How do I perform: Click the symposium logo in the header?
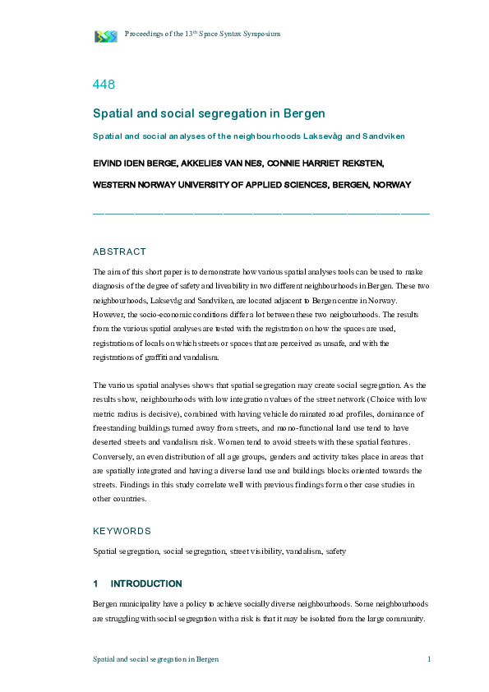pyautogui.click(x=106, y=35)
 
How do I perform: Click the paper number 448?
pyautogui.click(x=104, y=84)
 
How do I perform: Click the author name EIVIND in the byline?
pyautogui.click(x=108, y=163)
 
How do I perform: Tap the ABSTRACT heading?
pyautogui.click(x=119, y=251)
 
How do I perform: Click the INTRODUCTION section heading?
pyautogui.click(x=146, y=584)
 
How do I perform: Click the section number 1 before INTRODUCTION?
pyautogui.click(x=96, y=584)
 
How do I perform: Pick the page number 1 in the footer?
pyautogui.click(x=429, y=659)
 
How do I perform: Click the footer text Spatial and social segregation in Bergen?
pyautogui.click(x=155, y=659)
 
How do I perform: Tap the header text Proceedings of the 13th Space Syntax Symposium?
pyautogui.click(x=202, y=34)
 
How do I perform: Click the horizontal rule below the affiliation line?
pyautogui.click(x=261, y=213)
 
